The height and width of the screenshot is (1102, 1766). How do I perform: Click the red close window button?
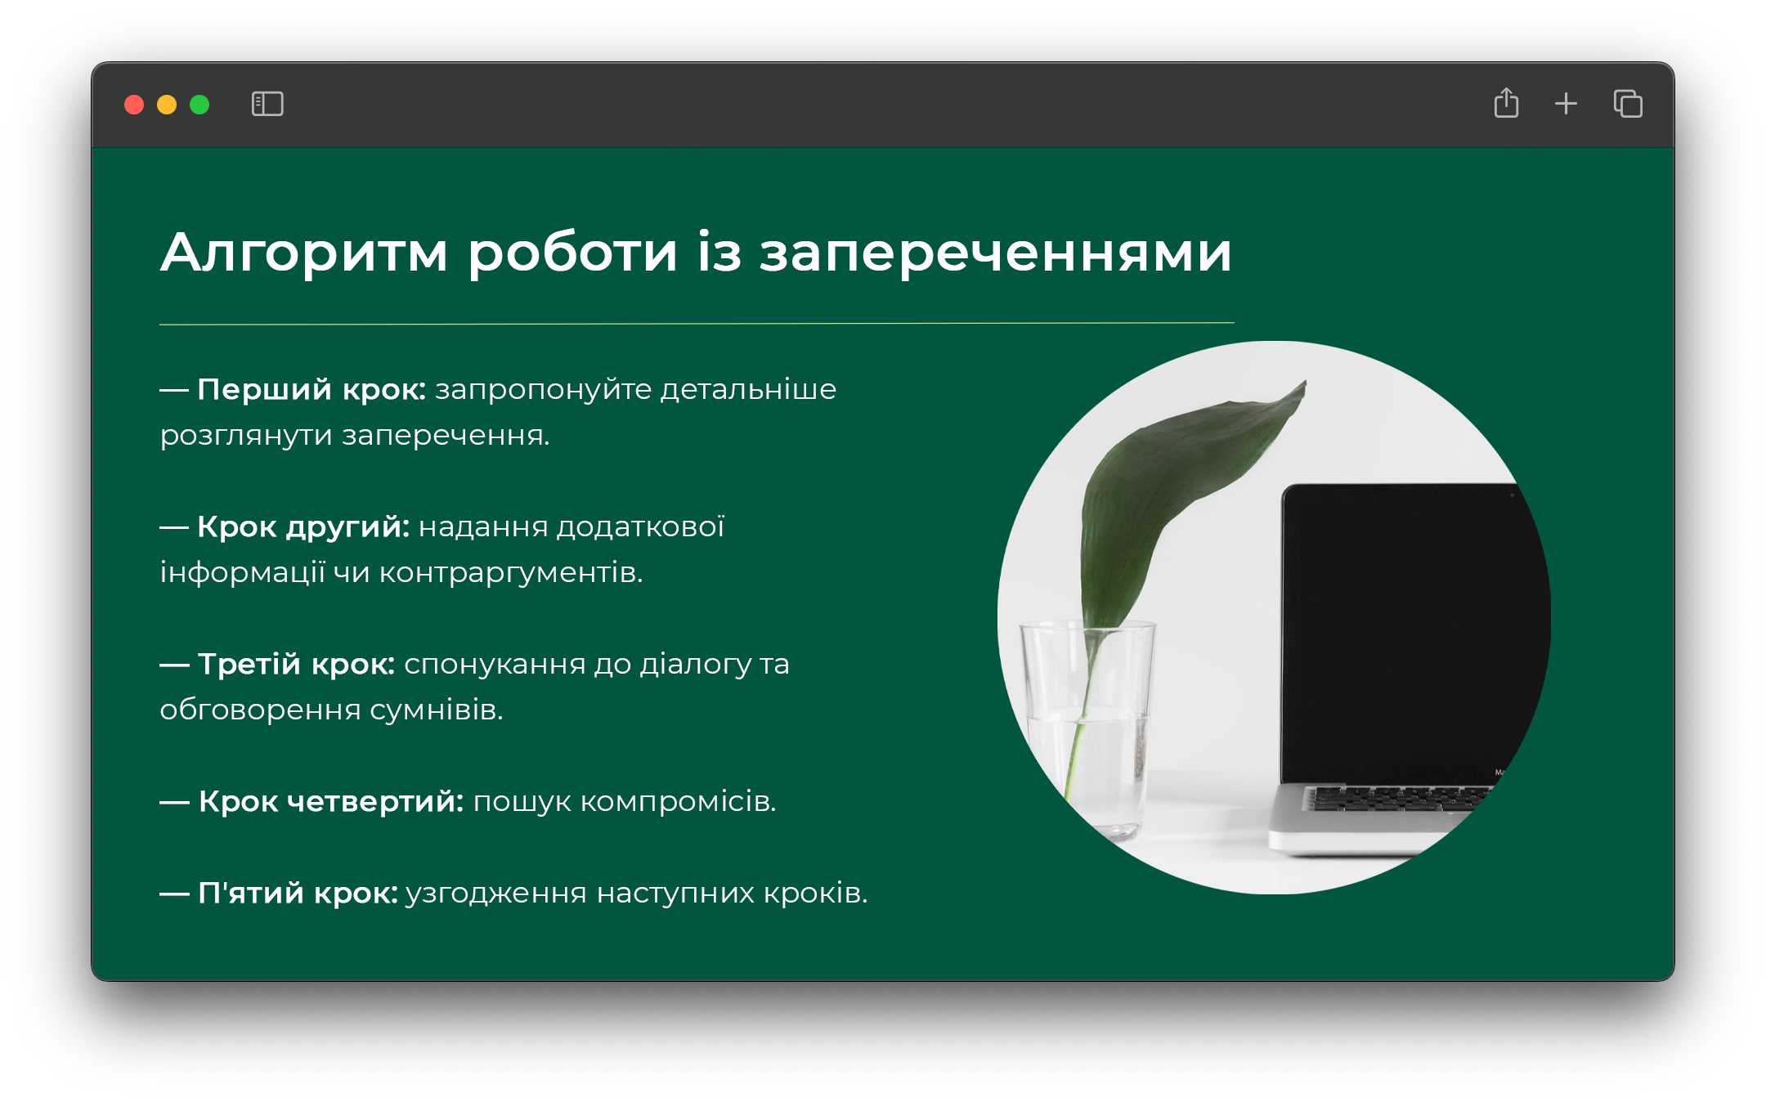(134, 105)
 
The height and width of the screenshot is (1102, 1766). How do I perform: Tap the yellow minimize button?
(167, 105)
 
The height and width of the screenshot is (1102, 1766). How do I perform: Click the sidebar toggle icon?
(267, 104)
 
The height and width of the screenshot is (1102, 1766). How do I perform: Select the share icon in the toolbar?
(1506, 103)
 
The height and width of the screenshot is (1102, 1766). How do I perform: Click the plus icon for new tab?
(1566, 104)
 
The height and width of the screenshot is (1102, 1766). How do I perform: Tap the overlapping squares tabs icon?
(1628, 104)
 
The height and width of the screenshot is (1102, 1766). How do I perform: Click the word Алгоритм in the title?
(304, 253)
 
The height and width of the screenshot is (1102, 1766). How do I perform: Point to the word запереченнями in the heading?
(995, 253)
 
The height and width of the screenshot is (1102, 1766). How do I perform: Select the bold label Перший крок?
(312, 390)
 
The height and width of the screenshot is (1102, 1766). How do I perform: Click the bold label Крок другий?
(303, 527)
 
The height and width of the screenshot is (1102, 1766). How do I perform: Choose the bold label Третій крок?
(296, 665)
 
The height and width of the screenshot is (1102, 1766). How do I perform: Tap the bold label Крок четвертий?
(331, 802)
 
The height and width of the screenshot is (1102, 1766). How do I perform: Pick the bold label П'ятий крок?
(298, 893)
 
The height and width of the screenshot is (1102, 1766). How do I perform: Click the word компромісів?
(678, 802)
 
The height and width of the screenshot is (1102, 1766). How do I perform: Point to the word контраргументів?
(511, 573)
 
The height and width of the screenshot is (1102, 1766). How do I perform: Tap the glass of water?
(1087, 728)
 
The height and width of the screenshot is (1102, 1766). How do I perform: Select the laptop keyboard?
(1398, 798)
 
